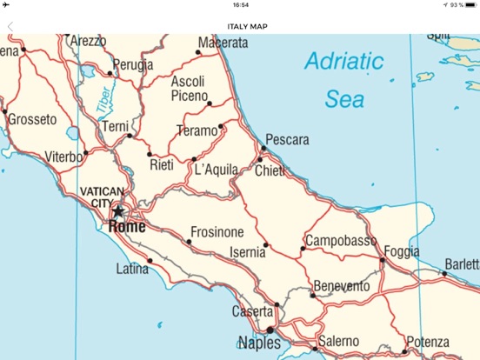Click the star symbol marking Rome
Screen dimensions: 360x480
click(x=117, y=211)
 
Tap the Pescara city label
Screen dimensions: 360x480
click(x=287, y=140)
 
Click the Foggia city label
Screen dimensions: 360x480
click(x=401, y=251)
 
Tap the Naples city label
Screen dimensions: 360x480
click(x=260, y=343)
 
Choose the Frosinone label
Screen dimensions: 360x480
click(x=217, y=232)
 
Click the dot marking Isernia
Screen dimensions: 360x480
click(x=266, y=244)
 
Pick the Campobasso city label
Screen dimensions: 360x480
click(x=341, y=240)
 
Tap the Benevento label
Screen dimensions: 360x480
click(x=341, y=286)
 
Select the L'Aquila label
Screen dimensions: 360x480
click(x=216, y=170)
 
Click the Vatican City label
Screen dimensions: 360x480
click(x=102, y=197)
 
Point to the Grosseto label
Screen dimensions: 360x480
click(x=32, y=118)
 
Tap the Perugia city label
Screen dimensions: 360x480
click(x=133, y=64)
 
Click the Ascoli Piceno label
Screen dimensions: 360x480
click(x=189, y=88)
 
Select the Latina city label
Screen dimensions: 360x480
click(x=132, y=269)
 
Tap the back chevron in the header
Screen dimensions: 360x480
click(x=10, y=26)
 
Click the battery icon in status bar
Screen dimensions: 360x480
click(x=469, y=5)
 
